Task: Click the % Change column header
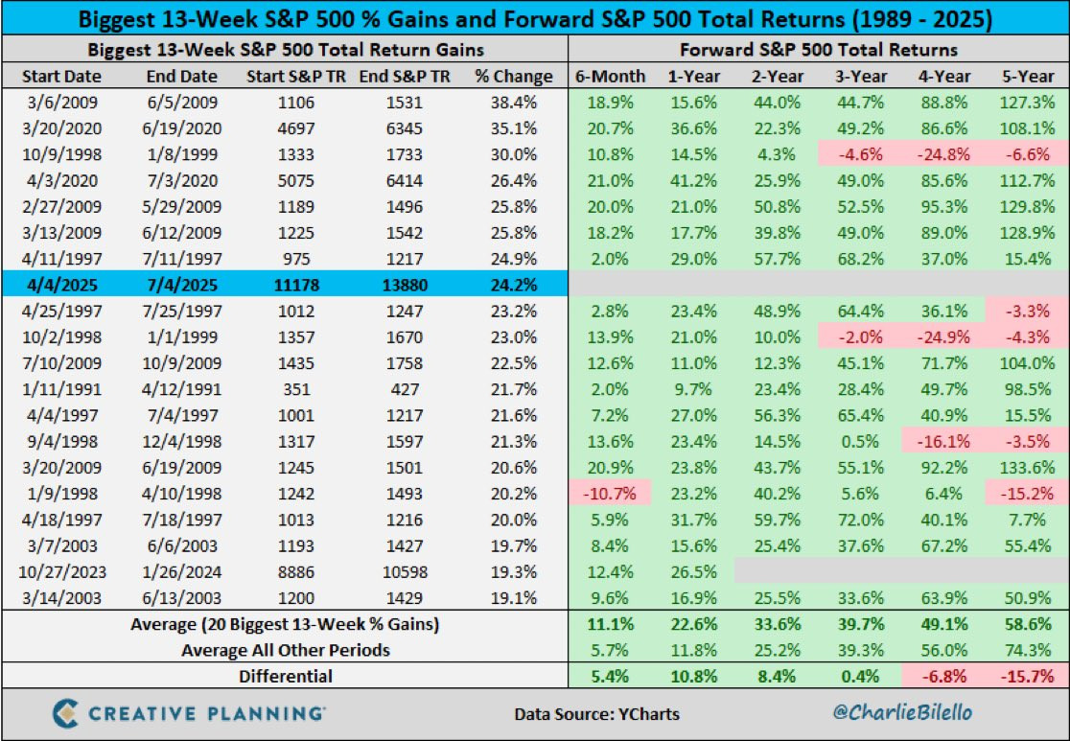(514, 77)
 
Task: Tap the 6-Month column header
(610, 77)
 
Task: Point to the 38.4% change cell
(514, 101)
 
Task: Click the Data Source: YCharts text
(596, 713)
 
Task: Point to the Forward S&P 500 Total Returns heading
(819, 50)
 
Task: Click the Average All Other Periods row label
(286, 650)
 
